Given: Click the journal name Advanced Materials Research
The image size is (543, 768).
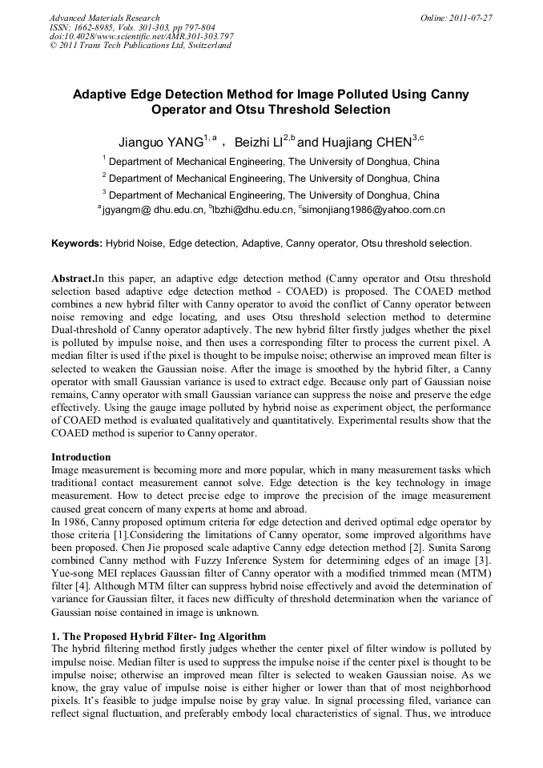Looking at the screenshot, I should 104,18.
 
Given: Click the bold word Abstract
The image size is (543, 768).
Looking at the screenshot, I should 72,279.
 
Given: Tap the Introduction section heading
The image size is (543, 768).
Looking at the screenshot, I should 81,457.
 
